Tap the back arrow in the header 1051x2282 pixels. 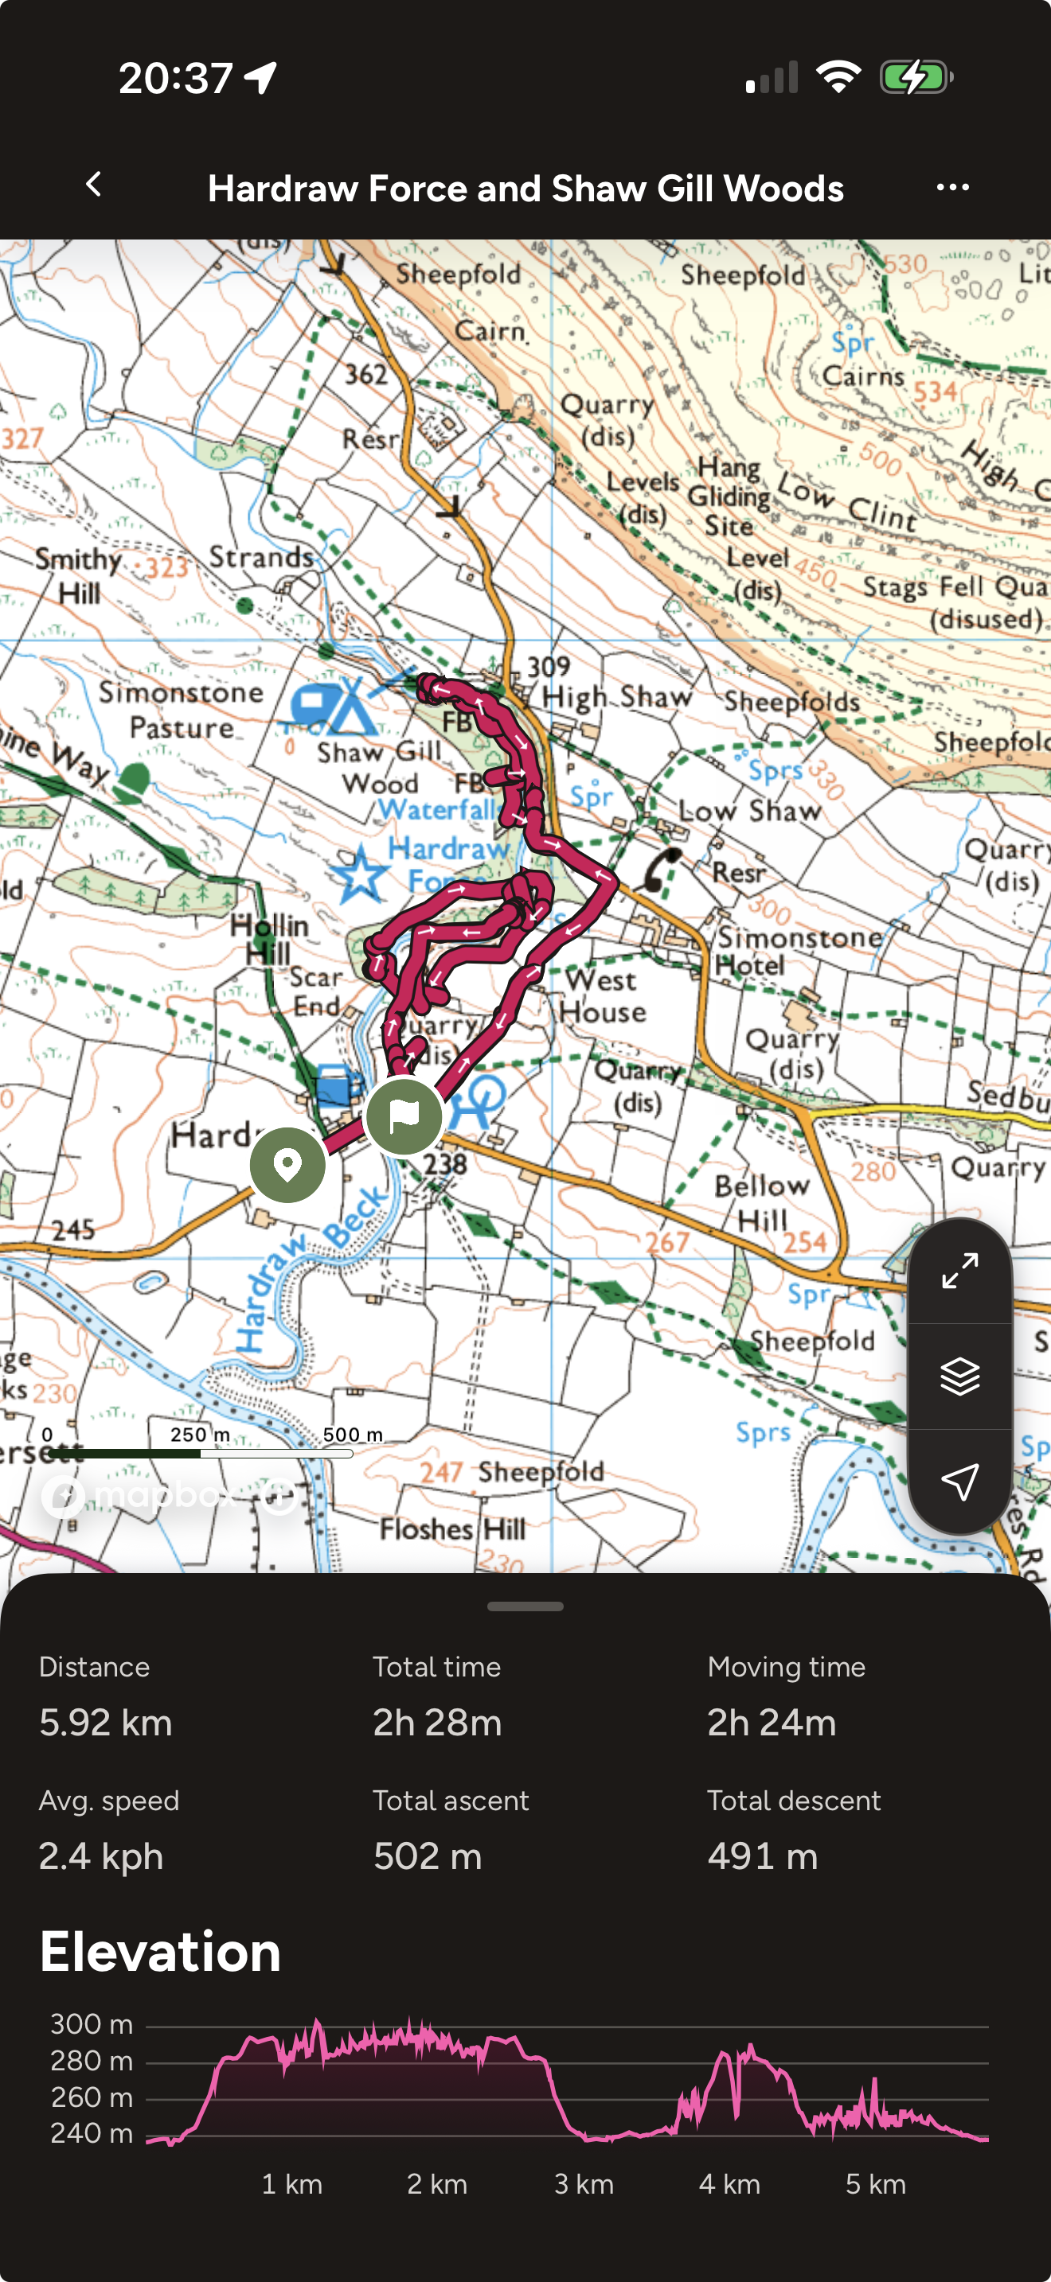tap(94, 185)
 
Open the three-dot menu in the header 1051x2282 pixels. tap(952, 187)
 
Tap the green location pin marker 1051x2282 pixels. tap(287, 1165)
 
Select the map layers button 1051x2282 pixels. tap(959, 1376)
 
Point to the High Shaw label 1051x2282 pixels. tap(617, 697)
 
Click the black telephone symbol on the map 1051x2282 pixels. tap(661, 869)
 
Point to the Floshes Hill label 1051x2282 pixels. tap(453, 1529)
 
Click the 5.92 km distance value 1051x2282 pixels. tap(105, 1722)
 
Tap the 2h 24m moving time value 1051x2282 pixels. tap(771, 1722)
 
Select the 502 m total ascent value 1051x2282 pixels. tap(427, 1856)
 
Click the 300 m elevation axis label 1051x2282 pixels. tap(92, 2024)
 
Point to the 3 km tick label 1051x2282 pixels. tap(583, 2183)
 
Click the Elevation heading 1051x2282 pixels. tap(160, 1952)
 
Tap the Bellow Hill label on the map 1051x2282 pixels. tap(762, 1203)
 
